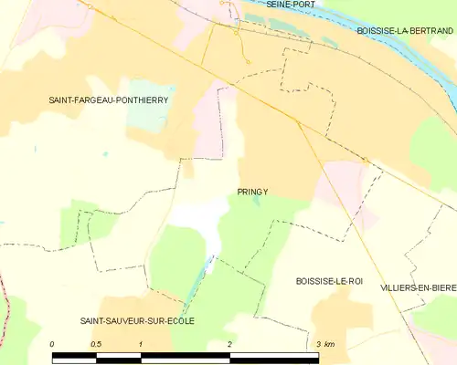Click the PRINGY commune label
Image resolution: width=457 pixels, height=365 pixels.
tap(251, 192)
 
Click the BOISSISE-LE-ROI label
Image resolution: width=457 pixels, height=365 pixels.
tap(330, 282)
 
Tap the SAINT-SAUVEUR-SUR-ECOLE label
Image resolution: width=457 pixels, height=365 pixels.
tap(137, 320)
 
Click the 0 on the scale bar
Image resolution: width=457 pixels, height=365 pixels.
tap(52, 344)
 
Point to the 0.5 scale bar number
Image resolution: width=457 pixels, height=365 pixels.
tap(96, 344)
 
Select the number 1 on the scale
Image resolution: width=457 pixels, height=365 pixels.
tap(141, 344)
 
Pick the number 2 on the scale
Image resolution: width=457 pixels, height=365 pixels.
tap(229, 344)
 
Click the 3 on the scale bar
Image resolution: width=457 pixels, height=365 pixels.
tap(318, 344)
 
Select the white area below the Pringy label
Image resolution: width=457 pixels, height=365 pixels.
tap(206, 219)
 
